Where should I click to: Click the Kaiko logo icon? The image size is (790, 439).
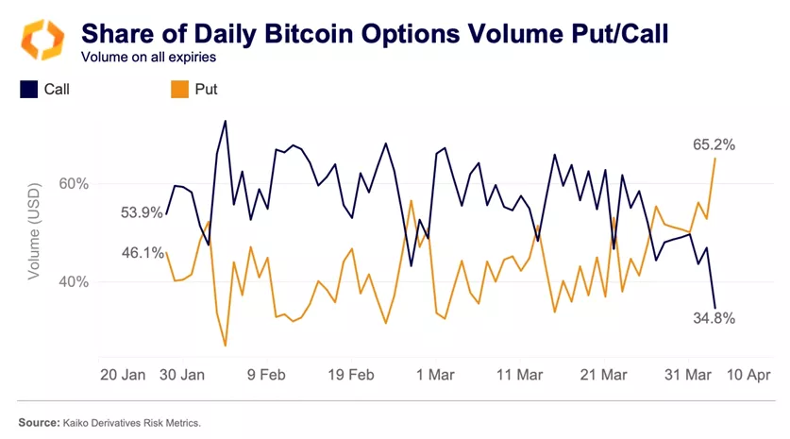[42, 39]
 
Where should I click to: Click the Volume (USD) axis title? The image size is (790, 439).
[34, 232]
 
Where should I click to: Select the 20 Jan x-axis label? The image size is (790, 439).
[123, 375]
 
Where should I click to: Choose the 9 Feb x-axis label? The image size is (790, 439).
[266, 375]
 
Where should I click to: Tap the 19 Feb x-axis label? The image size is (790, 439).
[349, 375]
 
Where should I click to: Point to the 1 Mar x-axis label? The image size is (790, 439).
[434, 375]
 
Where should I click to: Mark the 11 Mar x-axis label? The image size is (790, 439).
[517, 375]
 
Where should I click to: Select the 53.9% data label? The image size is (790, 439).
[142, 212]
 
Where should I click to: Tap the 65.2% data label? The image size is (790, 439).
[714, 144]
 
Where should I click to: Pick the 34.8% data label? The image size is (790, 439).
[713, 318]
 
